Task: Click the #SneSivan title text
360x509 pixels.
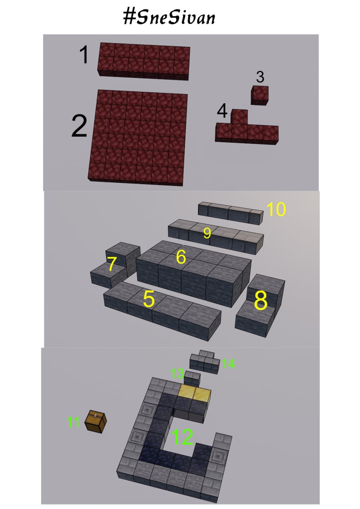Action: pos(169,17)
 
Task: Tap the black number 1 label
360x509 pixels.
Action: pos(84,54)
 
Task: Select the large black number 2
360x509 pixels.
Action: pos(79,126)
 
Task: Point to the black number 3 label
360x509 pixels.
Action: pos(260,77)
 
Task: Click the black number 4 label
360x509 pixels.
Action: pos(222,111)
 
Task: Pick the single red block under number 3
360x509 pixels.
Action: pos(260,95)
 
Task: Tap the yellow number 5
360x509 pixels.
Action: pos(148,299)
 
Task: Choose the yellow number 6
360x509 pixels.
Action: pos(181,257)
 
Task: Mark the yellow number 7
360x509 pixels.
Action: pos(112,264)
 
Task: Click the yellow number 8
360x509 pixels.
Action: pos(261,300)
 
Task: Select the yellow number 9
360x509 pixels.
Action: pos(207,233)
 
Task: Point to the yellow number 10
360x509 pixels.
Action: pos(276,209)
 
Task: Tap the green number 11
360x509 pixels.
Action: pos(73,422)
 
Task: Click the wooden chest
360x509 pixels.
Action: pos(95,421)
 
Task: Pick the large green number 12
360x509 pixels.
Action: pos(182,437)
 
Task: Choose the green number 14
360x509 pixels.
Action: pos(229,364)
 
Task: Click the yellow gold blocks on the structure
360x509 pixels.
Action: pos(194,393)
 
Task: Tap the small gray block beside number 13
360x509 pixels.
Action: pos(192,379)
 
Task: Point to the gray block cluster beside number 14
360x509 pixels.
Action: pos(204,361)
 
